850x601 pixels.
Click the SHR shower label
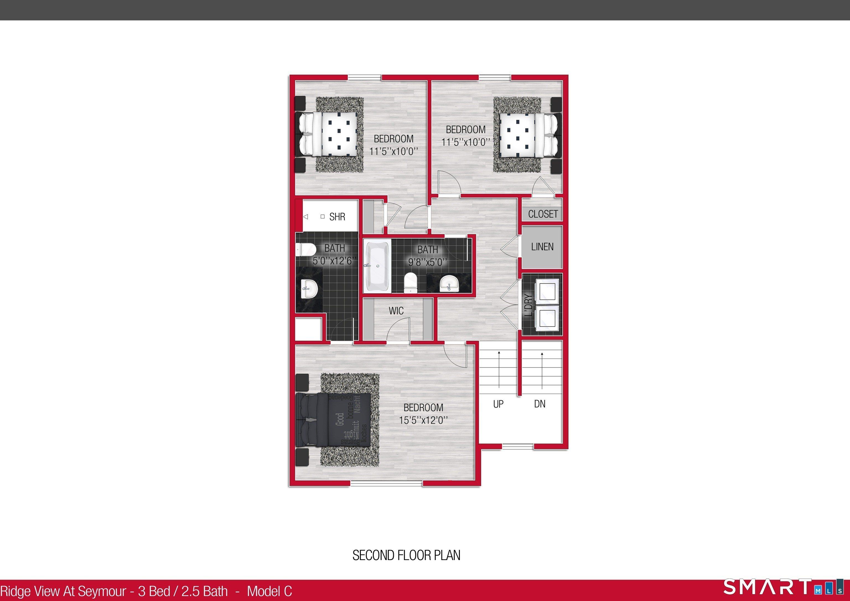[x=337, y=217]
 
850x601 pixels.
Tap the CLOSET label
[x=543, y=214]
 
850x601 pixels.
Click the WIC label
[x=396, y=311]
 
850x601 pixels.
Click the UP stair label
[x=498, y=404]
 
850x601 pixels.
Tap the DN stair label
[x=540, y=404]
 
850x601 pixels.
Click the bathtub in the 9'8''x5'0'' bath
[x=377, y=266]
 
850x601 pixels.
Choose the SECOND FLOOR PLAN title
[x=406, y=555]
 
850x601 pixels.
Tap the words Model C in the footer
[x=269, y=591]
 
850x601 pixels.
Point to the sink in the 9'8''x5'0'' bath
[x=449, y=285]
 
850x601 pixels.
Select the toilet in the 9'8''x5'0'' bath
[x=410, y=282]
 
